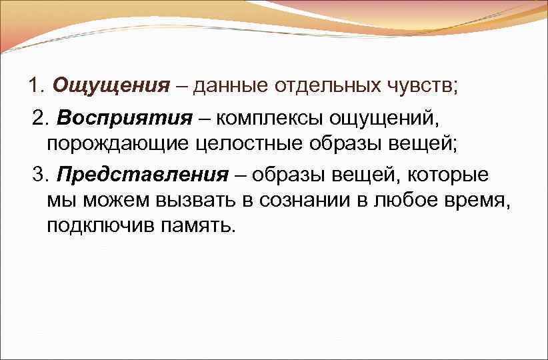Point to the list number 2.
click(41, 119)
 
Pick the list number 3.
click(41, 175)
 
